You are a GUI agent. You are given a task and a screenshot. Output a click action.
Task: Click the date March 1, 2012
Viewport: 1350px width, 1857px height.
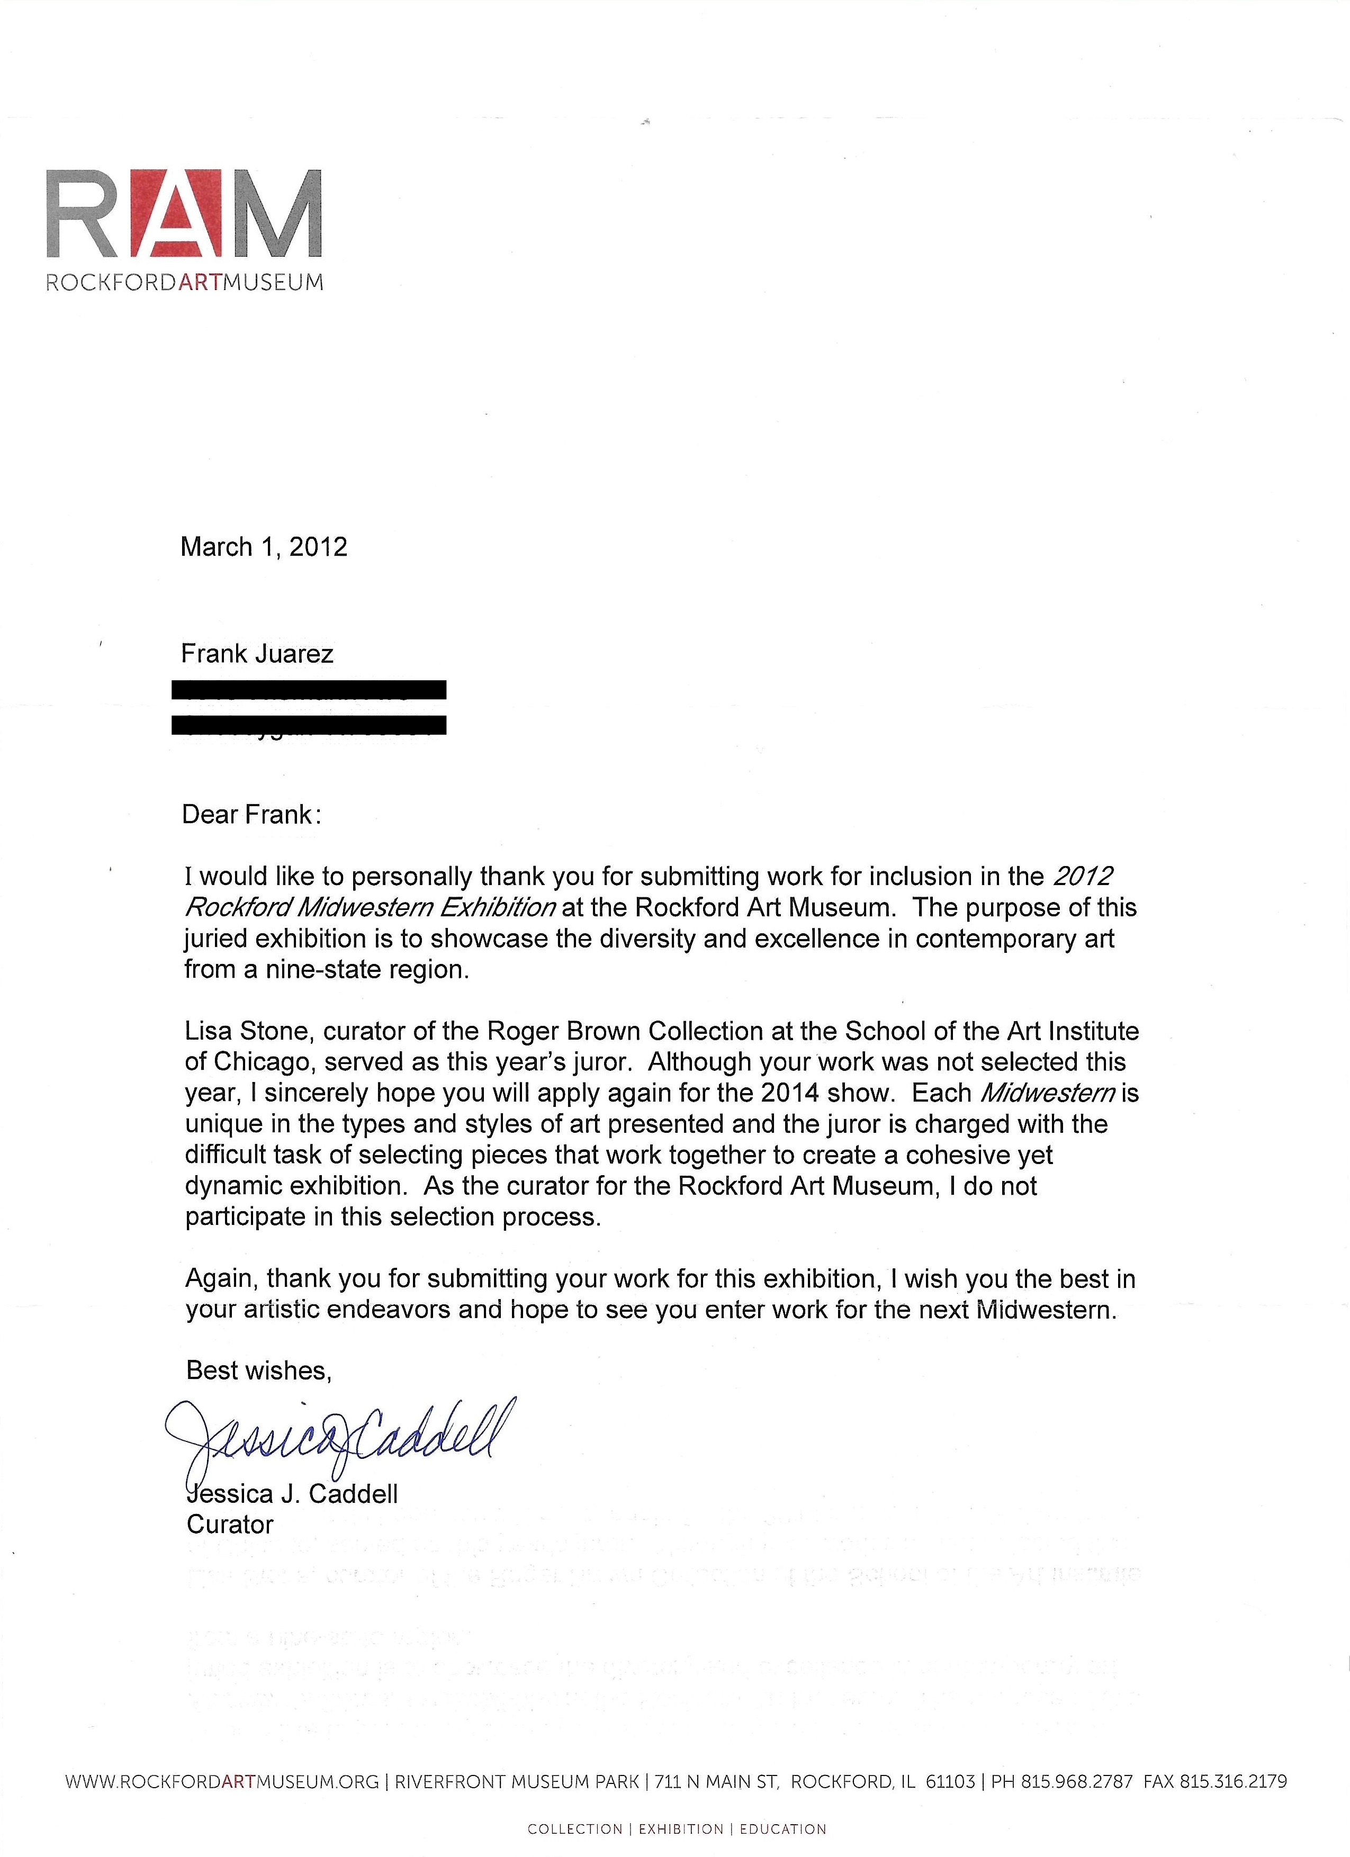264,547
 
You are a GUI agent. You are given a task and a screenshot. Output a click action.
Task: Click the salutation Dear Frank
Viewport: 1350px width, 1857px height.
250,815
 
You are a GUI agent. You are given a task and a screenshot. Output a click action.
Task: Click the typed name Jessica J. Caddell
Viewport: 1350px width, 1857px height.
292,1493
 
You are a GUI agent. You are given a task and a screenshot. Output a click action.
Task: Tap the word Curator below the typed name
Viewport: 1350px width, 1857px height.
230,1525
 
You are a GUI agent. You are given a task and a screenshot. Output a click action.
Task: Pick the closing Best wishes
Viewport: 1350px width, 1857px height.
259,1371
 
